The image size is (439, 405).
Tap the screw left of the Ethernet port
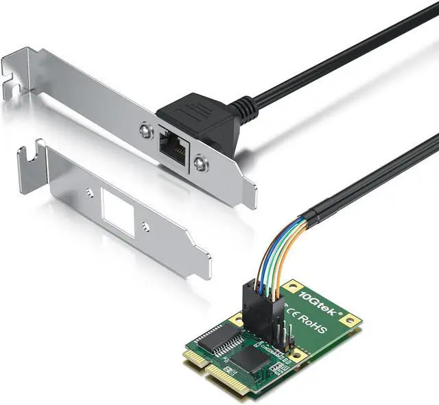(143, 127)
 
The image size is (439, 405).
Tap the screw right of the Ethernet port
(199, 162)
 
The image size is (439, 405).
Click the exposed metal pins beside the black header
(289, 335)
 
